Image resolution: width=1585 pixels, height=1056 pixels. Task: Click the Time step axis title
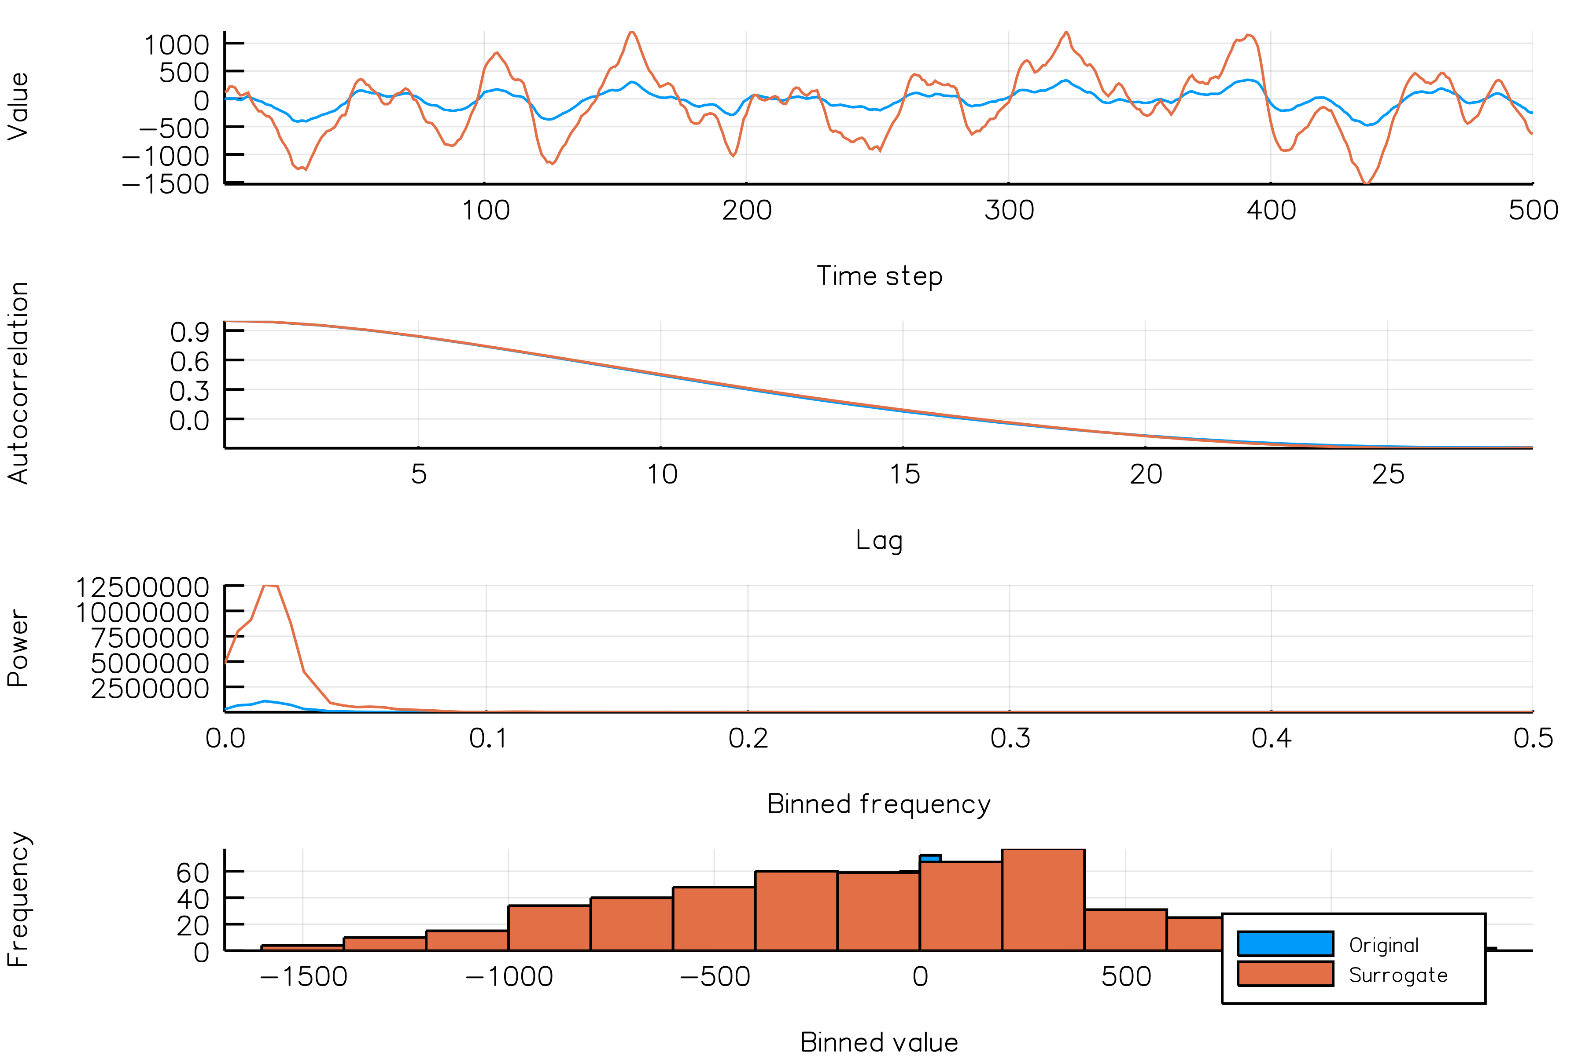(879, 276)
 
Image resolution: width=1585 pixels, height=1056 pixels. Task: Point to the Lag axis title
(879, 540)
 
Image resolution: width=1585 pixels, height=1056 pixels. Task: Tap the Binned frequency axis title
(879, 804)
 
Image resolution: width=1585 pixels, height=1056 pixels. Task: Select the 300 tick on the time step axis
(1009, 210)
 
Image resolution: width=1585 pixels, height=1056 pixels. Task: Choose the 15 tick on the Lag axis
(904, 474)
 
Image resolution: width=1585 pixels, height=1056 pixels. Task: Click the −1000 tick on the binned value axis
(509, 976)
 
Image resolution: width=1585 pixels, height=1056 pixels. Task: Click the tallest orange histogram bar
(1043, 899)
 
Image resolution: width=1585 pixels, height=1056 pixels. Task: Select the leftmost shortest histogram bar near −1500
(302, 948)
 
